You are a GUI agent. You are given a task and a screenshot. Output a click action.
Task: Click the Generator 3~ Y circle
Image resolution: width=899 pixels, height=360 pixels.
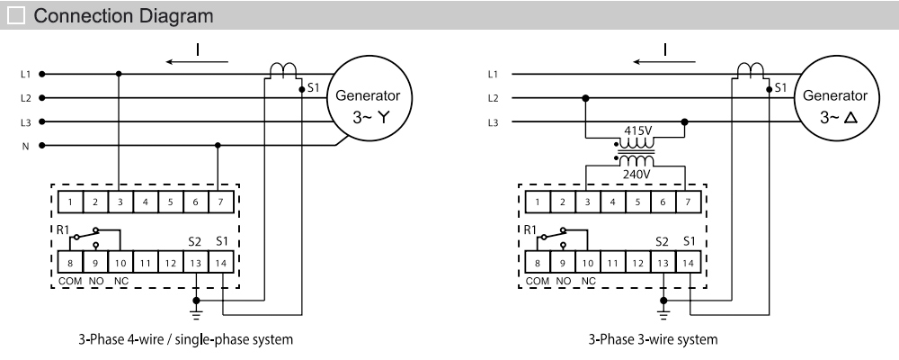[371, 105]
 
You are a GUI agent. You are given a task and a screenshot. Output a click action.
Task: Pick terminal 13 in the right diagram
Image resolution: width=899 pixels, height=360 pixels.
[663, 263]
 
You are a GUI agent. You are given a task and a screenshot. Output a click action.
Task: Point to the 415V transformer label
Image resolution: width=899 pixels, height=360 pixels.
[636, 129]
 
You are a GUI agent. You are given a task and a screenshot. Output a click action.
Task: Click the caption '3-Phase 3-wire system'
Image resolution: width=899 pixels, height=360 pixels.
[639, 339]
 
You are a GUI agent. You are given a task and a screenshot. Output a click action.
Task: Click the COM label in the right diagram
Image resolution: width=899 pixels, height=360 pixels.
[538, 281]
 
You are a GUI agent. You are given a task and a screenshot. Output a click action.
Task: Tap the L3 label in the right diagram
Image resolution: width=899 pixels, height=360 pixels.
[492, 121]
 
